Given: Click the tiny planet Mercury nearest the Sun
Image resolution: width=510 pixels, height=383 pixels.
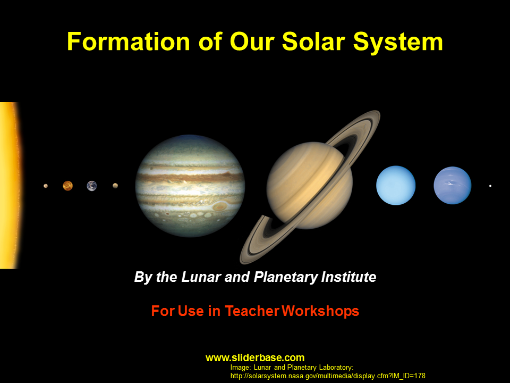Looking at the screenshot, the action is point(46,186).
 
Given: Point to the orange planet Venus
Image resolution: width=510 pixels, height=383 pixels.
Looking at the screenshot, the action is point(67,186).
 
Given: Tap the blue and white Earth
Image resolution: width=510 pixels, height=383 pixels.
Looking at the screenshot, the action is point(92,186).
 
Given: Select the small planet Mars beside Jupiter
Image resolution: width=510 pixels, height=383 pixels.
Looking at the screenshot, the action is point(115,186).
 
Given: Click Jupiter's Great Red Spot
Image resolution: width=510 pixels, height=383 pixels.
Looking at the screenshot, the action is point(220,206).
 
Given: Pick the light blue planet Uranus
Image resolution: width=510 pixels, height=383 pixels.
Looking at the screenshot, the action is point(396,185).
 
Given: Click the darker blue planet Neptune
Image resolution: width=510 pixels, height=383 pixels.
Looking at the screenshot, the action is point(453,185).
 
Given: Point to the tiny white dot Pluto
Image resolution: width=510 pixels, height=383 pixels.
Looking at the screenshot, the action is point(490,186).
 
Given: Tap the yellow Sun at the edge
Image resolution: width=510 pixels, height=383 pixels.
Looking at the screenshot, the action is point(10,185).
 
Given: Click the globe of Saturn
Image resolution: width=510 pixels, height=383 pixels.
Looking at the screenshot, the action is point(310,185).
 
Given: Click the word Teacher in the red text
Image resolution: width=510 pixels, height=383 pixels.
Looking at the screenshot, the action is point(252,311).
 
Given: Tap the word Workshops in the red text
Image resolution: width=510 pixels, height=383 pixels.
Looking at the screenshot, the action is point(320,311).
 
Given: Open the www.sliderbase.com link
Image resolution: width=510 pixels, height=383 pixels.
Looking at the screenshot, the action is point(255,358).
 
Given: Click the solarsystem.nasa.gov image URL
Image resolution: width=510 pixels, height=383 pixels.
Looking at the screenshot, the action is point(328,376).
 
